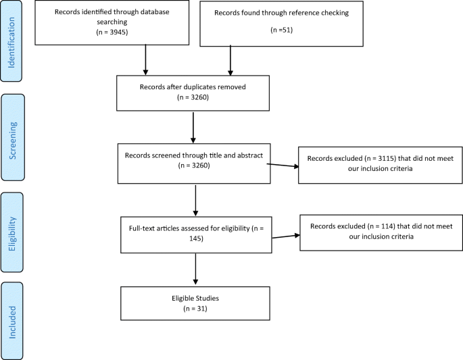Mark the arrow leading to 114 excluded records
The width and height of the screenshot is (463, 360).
tap(285, 235)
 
